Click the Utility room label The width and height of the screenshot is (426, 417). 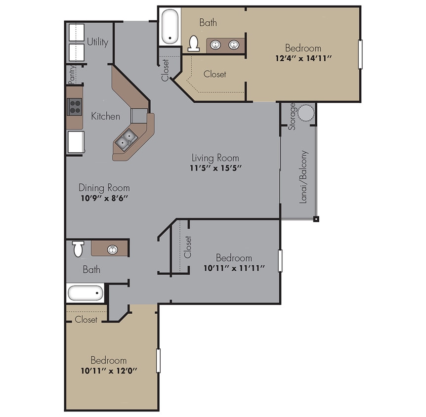[97, 42]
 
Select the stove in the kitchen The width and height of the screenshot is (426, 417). [75, 107]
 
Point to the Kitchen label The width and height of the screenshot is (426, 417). [105, 117]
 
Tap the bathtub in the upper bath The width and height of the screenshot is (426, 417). [170, 27]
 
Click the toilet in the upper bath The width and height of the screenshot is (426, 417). [194, 44]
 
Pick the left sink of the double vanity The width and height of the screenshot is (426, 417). [215, 45]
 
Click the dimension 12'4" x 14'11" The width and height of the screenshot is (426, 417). [302, 58]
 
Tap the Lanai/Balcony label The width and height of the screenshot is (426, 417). [303, 176]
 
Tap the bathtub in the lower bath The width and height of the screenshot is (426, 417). [85, 293]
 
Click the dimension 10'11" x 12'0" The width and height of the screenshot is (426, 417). [108, 370]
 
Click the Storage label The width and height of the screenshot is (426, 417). [293, 116]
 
